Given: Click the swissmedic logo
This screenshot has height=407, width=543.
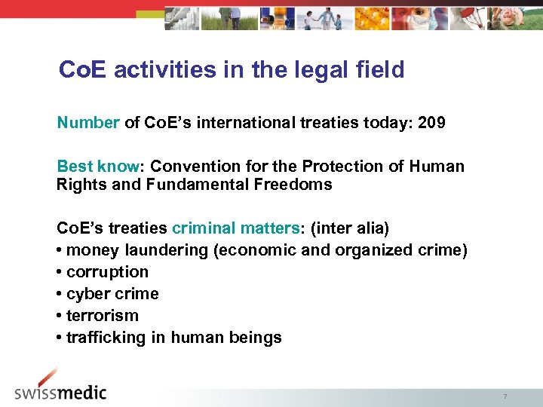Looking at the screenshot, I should click(60, 387).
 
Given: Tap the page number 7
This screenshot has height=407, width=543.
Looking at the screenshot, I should click(505, 396).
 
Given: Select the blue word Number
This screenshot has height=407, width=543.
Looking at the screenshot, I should click(88, 122).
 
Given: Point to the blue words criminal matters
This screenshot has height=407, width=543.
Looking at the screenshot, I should click(235, 228).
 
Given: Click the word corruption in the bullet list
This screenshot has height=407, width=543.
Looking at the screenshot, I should click(107, 272).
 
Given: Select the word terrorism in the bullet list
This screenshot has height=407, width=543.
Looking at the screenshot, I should click(103, 316).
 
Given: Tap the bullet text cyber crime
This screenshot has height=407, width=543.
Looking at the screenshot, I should click(112, 294).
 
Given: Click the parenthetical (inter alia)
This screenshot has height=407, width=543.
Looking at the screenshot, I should click(349, 228).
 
